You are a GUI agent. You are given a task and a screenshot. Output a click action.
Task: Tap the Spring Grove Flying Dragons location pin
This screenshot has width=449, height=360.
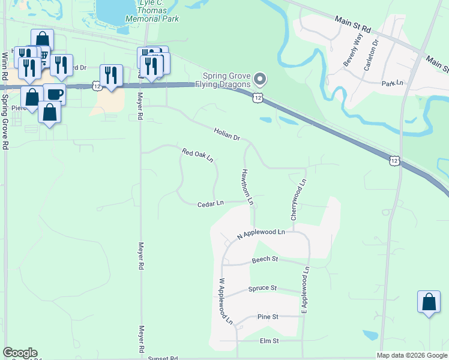pos(260,79)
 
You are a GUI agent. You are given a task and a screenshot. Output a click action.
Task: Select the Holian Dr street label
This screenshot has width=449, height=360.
pos(227,134)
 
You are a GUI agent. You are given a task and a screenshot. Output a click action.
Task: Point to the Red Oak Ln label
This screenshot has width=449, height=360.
pos(198,155)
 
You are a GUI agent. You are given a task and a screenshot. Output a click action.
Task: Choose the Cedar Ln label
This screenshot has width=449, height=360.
pos(210,204)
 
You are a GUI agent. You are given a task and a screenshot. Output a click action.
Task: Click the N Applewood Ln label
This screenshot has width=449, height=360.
pos(261,234)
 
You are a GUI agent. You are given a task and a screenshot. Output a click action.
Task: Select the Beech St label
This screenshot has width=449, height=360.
pos(265,259)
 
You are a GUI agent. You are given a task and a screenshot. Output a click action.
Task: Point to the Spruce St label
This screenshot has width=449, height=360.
pos(262,289)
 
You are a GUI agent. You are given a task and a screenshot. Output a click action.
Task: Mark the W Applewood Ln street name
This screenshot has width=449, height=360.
pos(225,301)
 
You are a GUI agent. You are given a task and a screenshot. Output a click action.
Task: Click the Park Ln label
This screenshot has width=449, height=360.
pos(393,83)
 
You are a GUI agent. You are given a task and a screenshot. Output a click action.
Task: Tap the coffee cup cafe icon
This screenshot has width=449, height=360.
pos(54,94)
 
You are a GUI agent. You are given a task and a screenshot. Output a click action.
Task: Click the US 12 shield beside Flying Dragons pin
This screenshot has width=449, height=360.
pos(258,97)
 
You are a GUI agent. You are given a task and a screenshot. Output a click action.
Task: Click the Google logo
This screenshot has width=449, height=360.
pos(20,353)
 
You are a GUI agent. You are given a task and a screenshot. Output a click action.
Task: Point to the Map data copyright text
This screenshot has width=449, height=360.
pos(411,355)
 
